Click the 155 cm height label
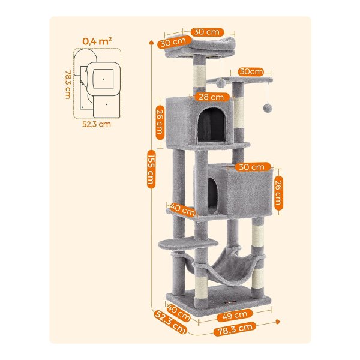151,169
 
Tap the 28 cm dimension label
211,97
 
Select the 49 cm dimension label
235,316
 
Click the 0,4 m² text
97,41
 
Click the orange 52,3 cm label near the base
171,322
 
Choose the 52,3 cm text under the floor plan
97,124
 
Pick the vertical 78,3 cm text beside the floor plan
68,85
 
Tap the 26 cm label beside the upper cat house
160,122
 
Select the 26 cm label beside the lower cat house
278,193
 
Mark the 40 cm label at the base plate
178,313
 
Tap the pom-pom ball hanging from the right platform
268,108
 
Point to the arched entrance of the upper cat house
211,125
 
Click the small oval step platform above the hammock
188,244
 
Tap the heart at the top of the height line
151,43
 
